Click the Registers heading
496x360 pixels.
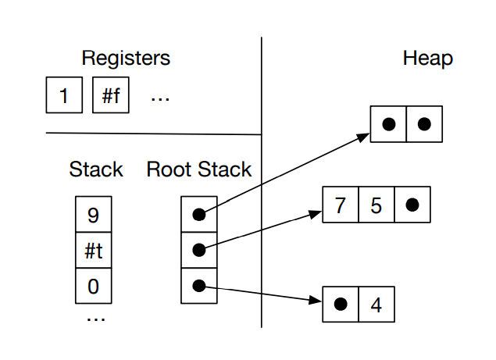126,58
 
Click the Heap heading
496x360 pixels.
427,58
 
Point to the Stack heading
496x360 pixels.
95,169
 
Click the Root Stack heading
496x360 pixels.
199,169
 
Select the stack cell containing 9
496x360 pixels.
94,213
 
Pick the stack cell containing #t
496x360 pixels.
94,250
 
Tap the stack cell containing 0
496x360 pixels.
94,286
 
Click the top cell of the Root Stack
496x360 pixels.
199,213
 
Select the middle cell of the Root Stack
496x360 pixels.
199,250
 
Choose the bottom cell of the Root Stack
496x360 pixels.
199,286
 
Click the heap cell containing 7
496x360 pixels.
340,205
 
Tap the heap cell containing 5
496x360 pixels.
376,205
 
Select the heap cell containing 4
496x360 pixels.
376,304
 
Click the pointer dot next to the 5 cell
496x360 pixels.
412,205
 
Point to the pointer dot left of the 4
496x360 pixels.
341,304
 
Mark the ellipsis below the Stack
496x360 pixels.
95,316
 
